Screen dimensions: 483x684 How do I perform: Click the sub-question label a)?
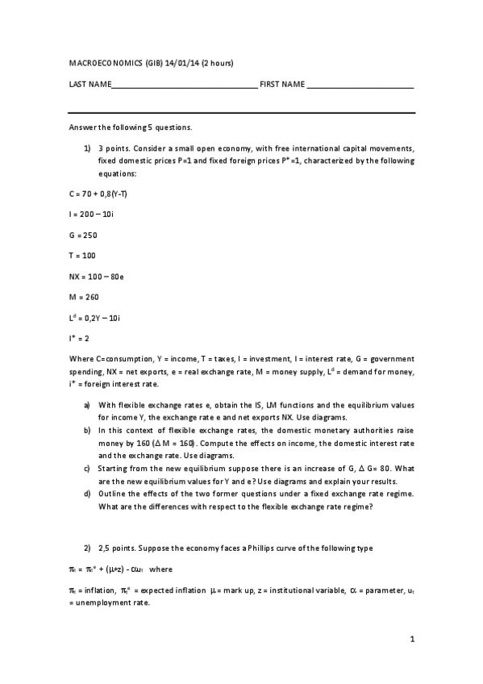[x=87, y=404]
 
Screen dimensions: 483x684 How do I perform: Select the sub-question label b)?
[x=87, y=431]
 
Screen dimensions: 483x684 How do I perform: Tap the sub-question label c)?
[x=87, y=468]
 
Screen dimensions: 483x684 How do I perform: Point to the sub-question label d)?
[x=87, y=493]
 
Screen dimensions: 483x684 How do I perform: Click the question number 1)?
[x=87, y=148]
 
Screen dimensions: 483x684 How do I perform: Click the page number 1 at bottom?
[x=412, y=640]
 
